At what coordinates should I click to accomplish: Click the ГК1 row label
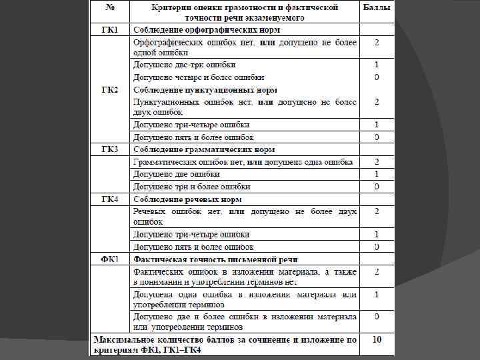tap(110, 30)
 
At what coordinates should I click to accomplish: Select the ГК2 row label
tap(110, 89)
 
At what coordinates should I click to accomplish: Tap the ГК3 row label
tap(110, 148)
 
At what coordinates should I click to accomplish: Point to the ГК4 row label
tap(110, 199)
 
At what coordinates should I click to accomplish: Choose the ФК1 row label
tap(110, 258)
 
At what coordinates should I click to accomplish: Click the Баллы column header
tap(377, 7)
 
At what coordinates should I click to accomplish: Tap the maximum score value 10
tap(377, 339)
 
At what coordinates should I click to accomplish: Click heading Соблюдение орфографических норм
tap(207, 30)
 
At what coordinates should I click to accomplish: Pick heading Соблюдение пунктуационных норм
tap(205, 89)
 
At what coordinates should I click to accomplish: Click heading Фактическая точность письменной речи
tap(215, 259)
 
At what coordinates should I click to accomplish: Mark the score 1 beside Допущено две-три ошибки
tap(377, 65)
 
